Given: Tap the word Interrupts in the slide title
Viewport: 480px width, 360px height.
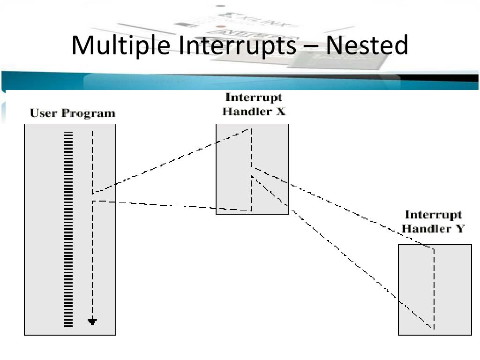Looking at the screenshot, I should click(238, 46).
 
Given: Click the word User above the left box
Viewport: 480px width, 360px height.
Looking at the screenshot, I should click(45, 113).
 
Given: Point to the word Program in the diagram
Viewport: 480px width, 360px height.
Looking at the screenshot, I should click(90, 113).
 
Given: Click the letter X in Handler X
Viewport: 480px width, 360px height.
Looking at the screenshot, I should click(281, 112).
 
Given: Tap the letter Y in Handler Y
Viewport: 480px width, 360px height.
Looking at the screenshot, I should click(460, 229).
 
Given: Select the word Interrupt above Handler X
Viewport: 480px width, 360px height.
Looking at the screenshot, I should click(254, 97).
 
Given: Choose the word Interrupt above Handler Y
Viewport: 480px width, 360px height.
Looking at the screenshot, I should click(433, 215).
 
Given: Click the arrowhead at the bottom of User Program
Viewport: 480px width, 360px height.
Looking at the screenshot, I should click(92, 322).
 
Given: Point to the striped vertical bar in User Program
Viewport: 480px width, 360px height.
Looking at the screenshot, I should click(68, 229).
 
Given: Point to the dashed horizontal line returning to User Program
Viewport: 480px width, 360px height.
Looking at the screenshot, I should click(155, 205).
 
